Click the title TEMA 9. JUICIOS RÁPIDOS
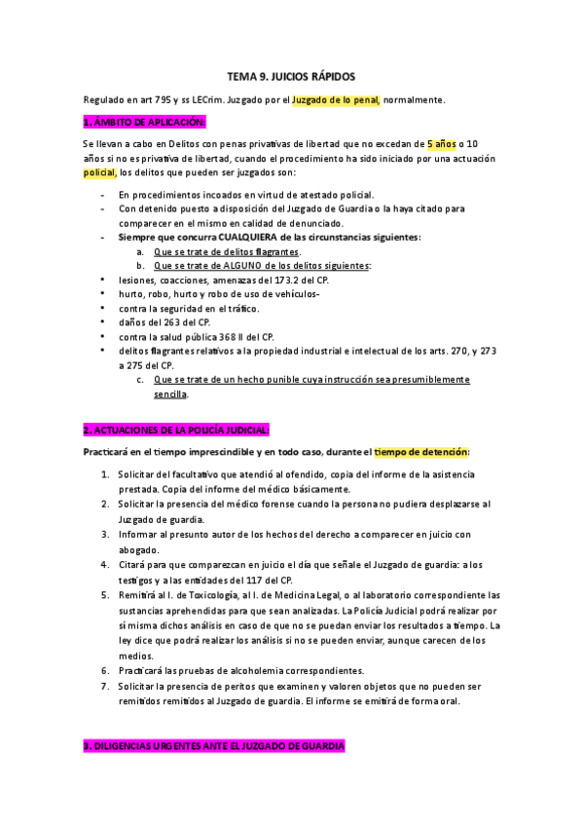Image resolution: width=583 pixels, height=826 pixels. pos(291,75)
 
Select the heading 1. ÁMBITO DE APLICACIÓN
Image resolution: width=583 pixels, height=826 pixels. pos(144,122)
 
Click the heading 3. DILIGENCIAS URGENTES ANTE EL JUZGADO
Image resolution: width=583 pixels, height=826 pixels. pos(213,745)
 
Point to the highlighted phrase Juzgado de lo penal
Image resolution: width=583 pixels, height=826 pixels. pos(337,98)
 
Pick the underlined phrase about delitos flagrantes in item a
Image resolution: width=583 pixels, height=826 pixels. pos(227,251)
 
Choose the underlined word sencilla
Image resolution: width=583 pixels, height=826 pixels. pos(170,394)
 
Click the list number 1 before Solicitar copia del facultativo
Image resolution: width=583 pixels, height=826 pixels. pos(106,473)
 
